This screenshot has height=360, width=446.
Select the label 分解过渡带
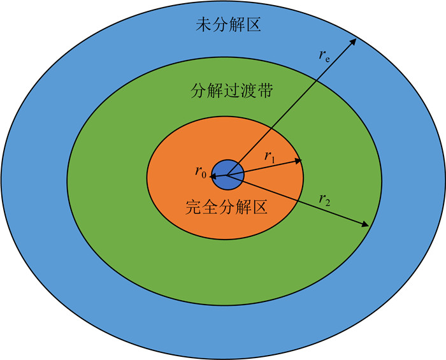pyautogui.click(x=223, y=90)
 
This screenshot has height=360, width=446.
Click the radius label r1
pyautogui.click(x=270, y=155)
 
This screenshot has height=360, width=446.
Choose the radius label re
pyautogui.click(x=324, y=55)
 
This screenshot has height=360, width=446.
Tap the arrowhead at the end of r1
pyautogui.click(x=299, y=161)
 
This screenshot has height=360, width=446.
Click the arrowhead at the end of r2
pyautogui.click(x=366, y=225)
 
